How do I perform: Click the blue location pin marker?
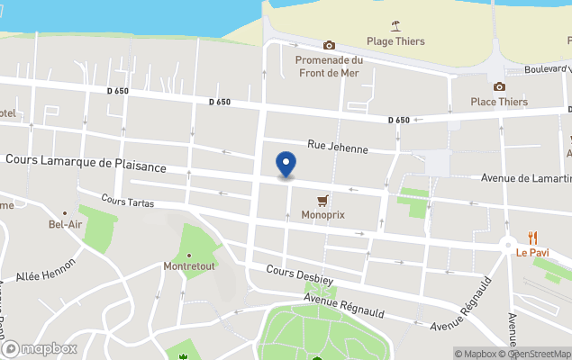pyautogui.click(x=286, y=164)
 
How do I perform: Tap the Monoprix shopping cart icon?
pyautogui.click(x=322, y=200)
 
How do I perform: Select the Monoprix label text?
pyautogui.click(x=322, y=216)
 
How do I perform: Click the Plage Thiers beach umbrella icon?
pyautogui.click(x=395, y=25)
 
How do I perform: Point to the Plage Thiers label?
pyautogui.click(x=395, y=41)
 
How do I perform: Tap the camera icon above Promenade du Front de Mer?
pyautogui.click(x=329, y=45)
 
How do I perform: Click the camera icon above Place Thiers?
pyautogui.click(x=499, y=86)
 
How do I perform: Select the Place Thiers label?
pyautogui.click(x=499, y=103)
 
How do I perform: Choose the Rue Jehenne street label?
pyautogui.click(x=334, y=144)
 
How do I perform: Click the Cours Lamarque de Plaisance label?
pyautogui.click(x=86, y=166)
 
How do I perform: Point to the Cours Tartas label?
pyautogui.click(x=128, y=202)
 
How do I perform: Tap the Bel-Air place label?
pyautogui.click(x=65, y=222)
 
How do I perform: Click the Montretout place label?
pyautogui.click(x=187, y=267)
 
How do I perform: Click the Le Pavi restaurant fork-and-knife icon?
pyautogui.click(x=532, y=238)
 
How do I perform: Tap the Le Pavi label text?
pyautogui.click(x=532, y=254)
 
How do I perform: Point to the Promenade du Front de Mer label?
pyautogui.click(x=329, y=67)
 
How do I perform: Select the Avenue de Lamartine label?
pyautogui.click(x=525, y=179)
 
